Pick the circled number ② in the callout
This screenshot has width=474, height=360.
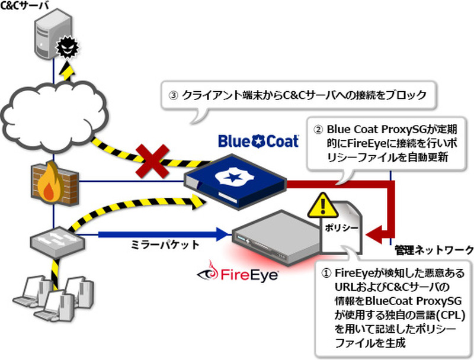pyautogui.click(x=318, y=127)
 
